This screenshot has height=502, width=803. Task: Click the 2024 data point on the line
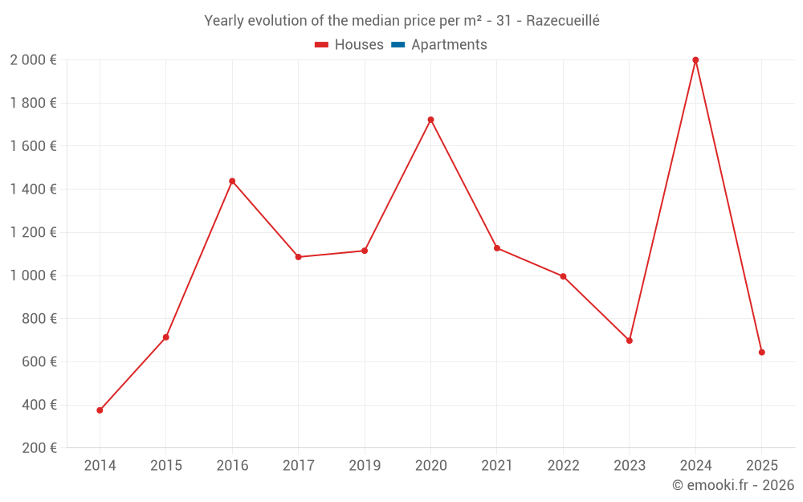click(695, 60)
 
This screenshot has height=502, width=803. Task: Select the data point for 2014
click(100, 410)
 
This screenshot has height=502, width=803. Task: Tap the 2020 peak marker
click(430, 120)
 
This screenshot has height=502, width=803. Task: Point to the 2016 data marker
click(232, 182)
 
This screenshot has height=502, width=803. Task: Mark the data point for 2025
click(761, 353)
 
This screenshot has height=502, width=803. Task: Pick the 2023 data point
click(629, 341)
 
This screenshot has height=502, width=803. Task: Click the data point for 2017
click(298, 257)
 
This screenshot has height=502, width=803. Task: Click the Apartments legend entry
click(449, 45)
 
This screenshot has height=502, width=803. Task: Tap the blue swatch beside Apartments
click(397, 45)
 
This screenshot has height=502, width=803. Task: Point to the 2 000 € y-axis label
click(33, 60)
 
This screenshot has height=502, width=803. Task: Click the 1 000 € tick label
click(33, 275)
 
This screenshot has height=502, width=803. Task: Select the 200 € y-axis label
click(39, 448)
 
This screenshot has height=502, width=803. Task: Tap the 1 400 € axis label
click(33, 190)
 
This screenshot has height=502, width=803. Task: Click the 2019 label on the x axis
click(365, 466)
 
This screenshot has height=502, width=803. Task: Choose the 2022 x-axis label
click(563, 466)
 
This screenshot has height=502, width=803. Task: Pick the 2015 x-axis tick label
click(165, 466)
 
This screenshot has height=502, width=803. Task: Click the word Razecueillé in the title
click(563, 21)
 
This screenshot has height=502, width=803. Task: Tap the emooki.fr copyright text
click(733, 485)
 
